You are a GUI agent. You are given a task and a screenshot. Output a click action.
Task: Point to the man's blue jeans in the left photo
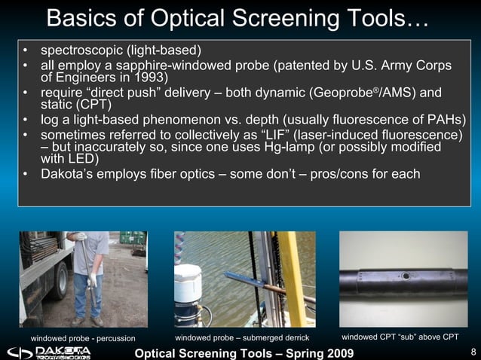click(x=84, y=294)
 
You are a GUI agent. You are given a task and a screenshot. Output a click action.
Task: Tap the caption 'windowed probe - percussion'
click(x=83, y=338)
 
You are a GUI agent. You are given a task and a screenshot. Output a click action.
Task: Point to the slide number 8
click(x=472, y=352)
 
